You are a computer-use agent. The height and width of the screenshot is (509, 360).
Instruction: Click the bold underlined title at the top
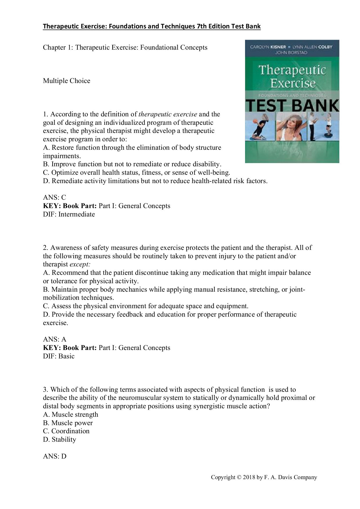pos(152,26)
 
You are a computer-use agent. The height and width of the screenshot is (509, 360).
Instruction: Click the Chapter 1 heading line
pos(125,47)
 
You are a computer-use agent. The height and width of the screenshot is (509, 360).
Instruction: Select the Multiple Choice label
pos(66,81)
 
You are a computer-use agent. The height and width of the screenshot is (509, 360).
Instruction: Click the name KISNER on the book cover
pos(276,47)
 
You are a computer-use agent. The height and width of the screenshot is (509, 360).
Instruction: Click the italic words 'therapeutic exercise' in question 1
pos(168,114)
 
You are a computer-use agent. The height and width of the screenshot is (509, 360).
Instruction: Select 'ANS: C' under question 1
pos(55,198)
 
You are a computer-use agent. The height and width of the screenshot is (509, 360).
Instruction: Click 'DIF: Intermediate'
pos(69,214)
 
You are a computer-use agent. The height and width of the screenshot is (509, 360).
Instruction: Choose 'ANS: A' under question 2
pos(55,339)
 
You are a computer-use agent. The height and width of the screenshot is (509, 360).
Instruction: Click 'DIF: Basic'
pos(59,356)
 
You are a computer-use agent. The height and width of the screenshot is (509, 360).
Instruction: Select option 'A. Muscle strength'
pos(71,414)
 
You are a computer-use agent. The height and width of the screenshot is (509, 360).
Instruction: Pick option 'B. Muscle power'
pos(68,423)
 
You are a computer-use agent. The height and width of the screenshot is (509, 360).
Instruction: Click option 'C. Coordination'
pos(66,431)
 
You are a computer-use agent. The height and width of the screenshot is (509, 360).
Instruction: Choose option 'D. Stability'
pos(60,439)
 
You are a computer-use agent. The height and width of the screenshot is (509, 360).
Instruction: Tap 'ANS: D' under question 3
pos(55,456)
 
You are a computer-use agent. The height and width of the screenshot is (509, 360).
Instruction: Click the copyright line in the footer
pos(264,477)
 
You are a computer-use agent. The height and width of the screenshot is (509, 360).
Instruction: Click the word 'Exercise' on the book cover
pos(293,84)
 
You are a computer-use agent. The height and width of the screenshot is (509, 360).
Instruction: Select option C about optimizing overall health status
pos(136,173)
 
